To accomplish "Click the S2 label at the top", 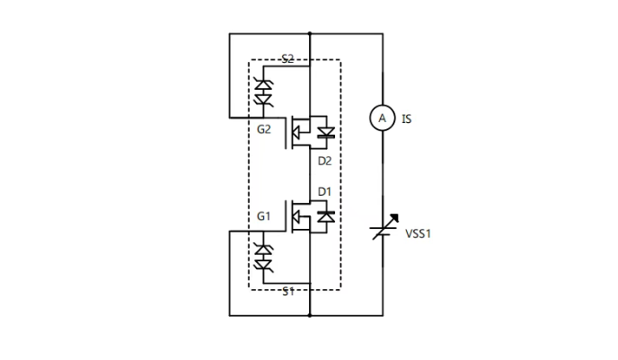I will coord(287,59).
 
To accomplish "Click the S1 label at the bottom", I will coord(287,292).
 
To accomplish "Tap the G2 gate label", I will coord(263,130).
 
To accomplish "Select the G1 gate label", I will coord(263,216).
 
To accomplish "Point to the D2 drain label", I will coord(324,162).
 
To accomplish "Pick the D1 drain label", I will coord(324,191).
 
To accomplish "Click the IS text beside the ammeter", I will coord(407,118).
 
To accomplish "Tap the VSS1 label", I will coord(419,233).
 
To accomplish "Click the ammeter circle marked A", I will coord(382,118).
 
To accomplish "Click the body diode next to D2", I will coord(326,134).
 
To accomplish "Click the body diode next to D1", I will coord(326,216).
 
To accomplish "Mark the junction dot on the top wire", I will coord(309,34).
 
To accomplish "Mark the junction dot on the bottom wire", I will coord(309,316).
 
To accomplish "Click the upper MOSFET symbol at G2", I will coord(300,134).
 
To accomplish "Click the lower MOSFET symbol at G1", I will coord(300,216).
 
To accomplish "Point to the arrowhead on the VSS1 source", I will coord(395,218).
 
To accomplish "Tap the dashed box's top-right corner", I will coord(340,61).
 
